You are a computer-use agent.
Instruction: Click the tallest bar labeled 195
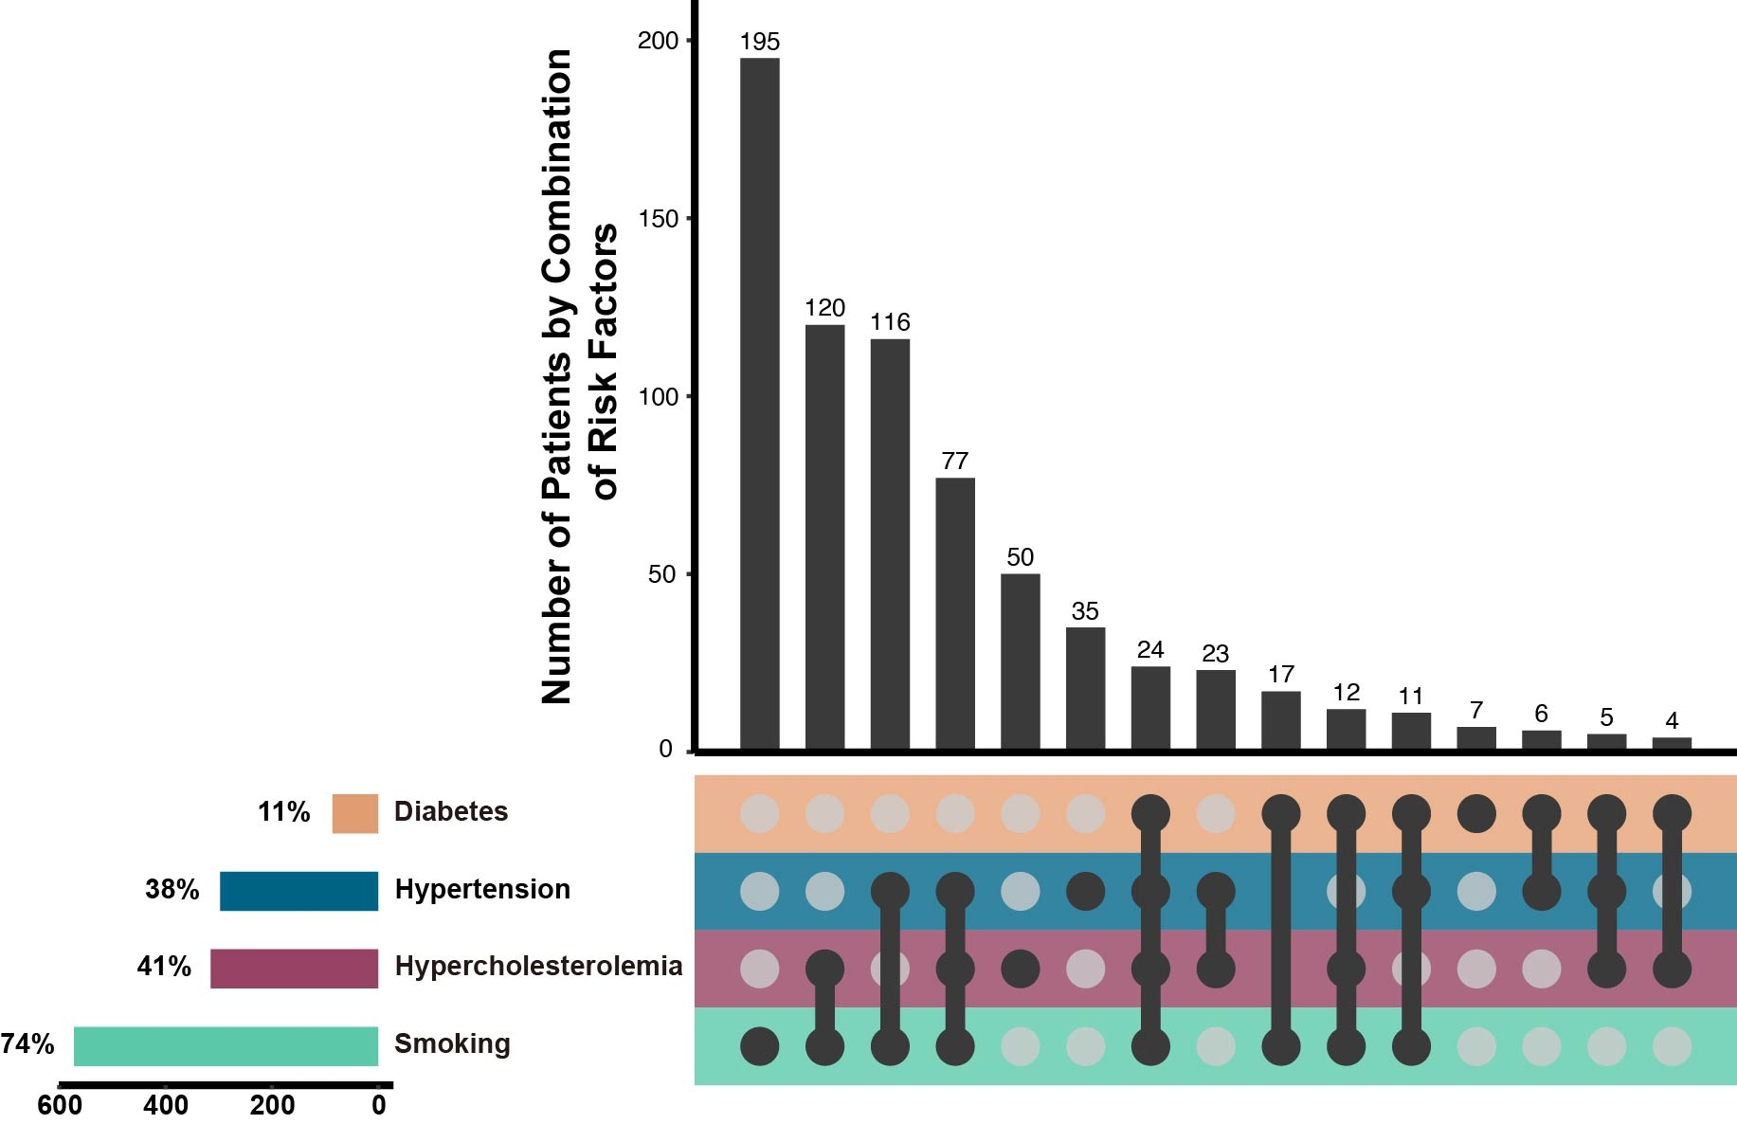(x=759, y=404)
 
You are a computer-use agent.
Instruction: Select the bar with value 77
(x=954, y=614)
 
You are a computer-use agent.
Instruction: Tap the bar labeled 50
(x=1020, y=662)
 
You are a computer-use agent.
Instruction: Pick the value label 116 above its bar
(x=890, y=322)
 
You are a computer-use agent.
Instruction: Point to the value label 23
(x=1215, y=654)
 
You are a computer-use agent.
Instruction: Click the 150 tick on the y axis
(x=659, y=219)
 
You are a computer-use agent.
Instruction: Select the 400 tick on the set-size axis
(x=166, y=1105)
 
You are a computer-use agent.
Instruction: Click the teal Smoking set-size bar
(x=226, y=1045)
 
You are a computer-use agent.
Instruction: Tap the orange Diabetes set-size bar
(x=354, y=813)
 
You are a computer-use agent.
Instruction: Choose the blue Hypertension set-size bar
(x=299, y=891)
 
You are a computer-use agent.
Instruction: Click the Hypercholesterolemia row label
(x=538, y=966)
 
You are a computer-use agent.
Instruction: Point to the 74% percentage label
(x=27, y=1044)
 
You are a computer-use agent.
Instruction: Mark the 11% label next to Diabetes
(x=283, y=812)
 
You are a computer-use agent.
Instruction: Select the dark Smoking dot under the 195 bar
(x=759, y=1046)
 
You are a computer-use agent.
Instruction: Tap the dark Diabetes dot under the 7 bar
(x=1476, y=813)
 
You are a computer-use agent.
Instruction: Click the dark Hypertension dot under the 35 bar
(x=1085, y=891)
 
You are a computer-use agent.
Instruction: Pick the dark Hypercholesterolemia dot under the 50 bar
(x=1020, y=969)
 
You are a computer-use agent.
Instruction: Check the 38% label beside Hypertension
(x=172, y=890)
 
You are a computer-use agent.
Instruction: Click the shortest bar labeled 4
(x=1672, y=744)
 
